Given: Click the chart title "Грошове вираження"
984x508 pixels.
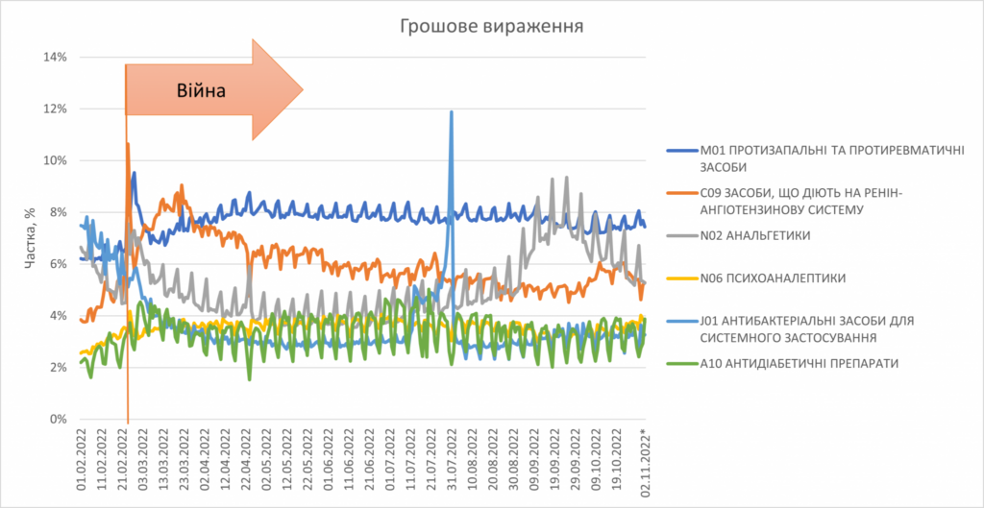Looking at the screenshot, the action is coord(493,26).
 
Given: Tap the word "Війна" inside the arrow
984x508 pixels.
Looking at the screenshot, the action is coord(200,91).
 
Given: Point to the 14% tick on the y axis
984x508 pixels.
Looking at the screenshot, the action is coord(55,58).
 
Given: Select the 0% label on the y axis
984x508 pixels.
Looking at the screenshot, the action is coord(59,420).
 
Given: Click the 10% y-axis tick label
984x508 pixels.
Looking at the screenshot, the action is coord(55,160).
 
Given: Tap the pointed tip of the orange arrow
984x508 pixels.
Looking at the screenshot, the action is coord(304,89).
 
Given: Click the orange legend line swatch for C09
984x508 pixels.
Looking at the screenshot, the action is coord(682,194).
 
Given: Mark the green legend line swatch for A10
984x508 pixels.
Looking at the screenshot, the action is coord(682,363).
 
